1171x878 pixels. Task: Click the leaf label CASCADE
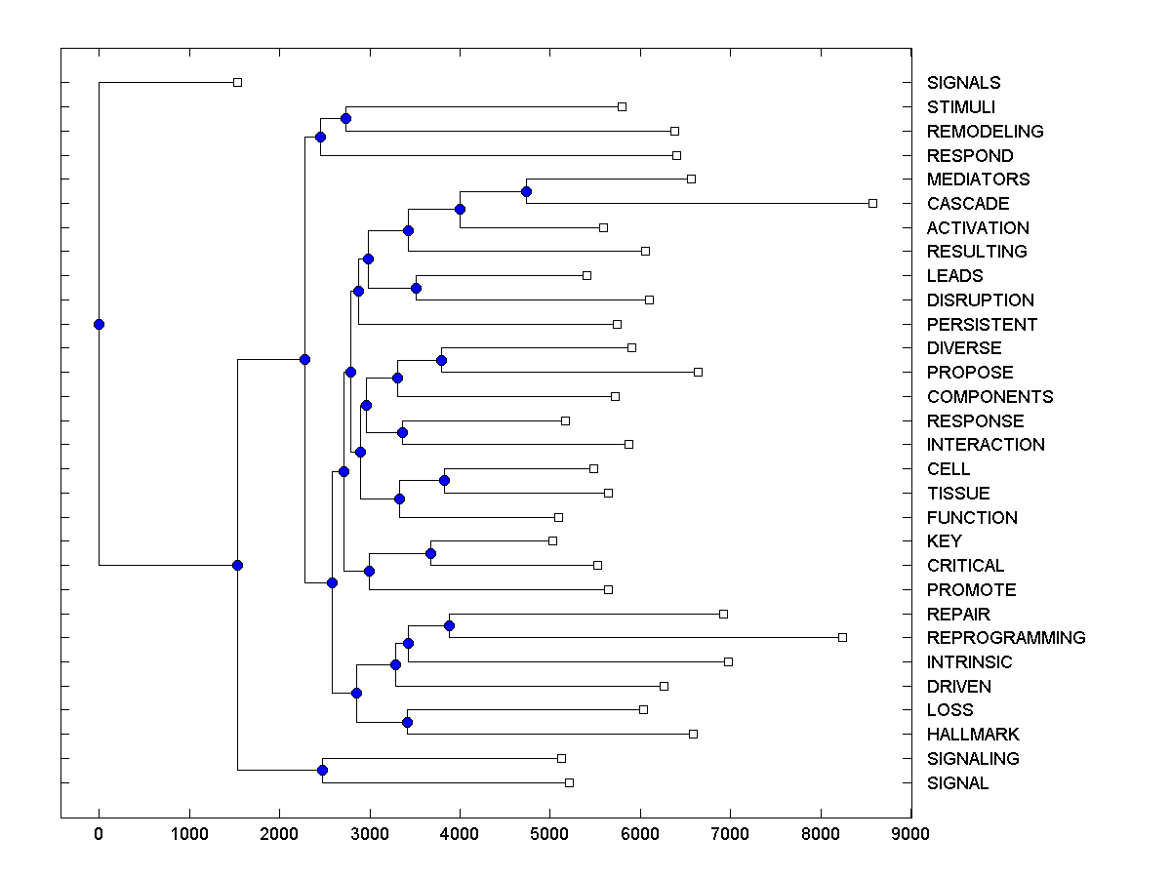pyautogui.click(x=968, y=204)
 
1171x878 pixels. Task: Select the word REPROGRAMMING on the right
pyautogui.click(x=1006, y=638)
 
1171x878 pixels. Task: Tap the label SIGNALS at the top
pyautogui.click(x=963, y=83)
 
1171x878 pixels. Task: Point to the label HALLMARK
pyautogui.click(x=973, y=735)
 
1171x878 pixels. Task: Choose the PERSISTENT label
pyautogui.click(x=982, y=325)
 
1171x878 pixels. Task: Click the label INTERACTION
pyautogui.click(x=986, y=445)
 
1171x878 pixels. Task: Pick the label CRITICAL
pyautogui.click(x=965, y=566)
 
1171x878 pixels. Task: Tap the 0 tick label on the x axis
pyautogui.click(x=99, y=834)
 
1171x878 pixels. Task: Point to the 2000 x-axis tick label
pyautogui.click(x=279, y=834)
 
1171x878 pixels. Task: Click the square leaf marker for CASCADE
pyautogui.click(x=872, y=203)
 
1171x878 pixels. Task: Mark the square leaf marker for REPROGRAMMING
pyautogui.click(x=842, y=637)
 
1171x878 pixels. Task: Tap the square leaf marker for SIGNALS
pyautogui.click(x=237, y=83)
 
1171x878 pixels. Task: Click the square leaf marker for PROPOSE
pyautogui.click(x=698, y=372)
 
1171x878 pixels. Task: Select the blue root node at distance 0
pyautogui.click(x=99, y=324)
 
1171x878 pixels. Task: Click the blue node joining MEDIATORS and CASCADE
pyautogui.click(x=526, y=191)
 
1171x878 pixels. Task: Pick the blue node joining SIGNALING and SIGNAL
pyautogui.click(x=322, y=771)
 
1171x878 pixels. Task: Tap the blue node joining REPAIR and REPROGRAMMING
pyautogui.click(x=449, y=625)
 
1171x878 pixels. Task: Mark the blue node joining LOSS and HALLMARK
pyautogui.click(x=407, y=722)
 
